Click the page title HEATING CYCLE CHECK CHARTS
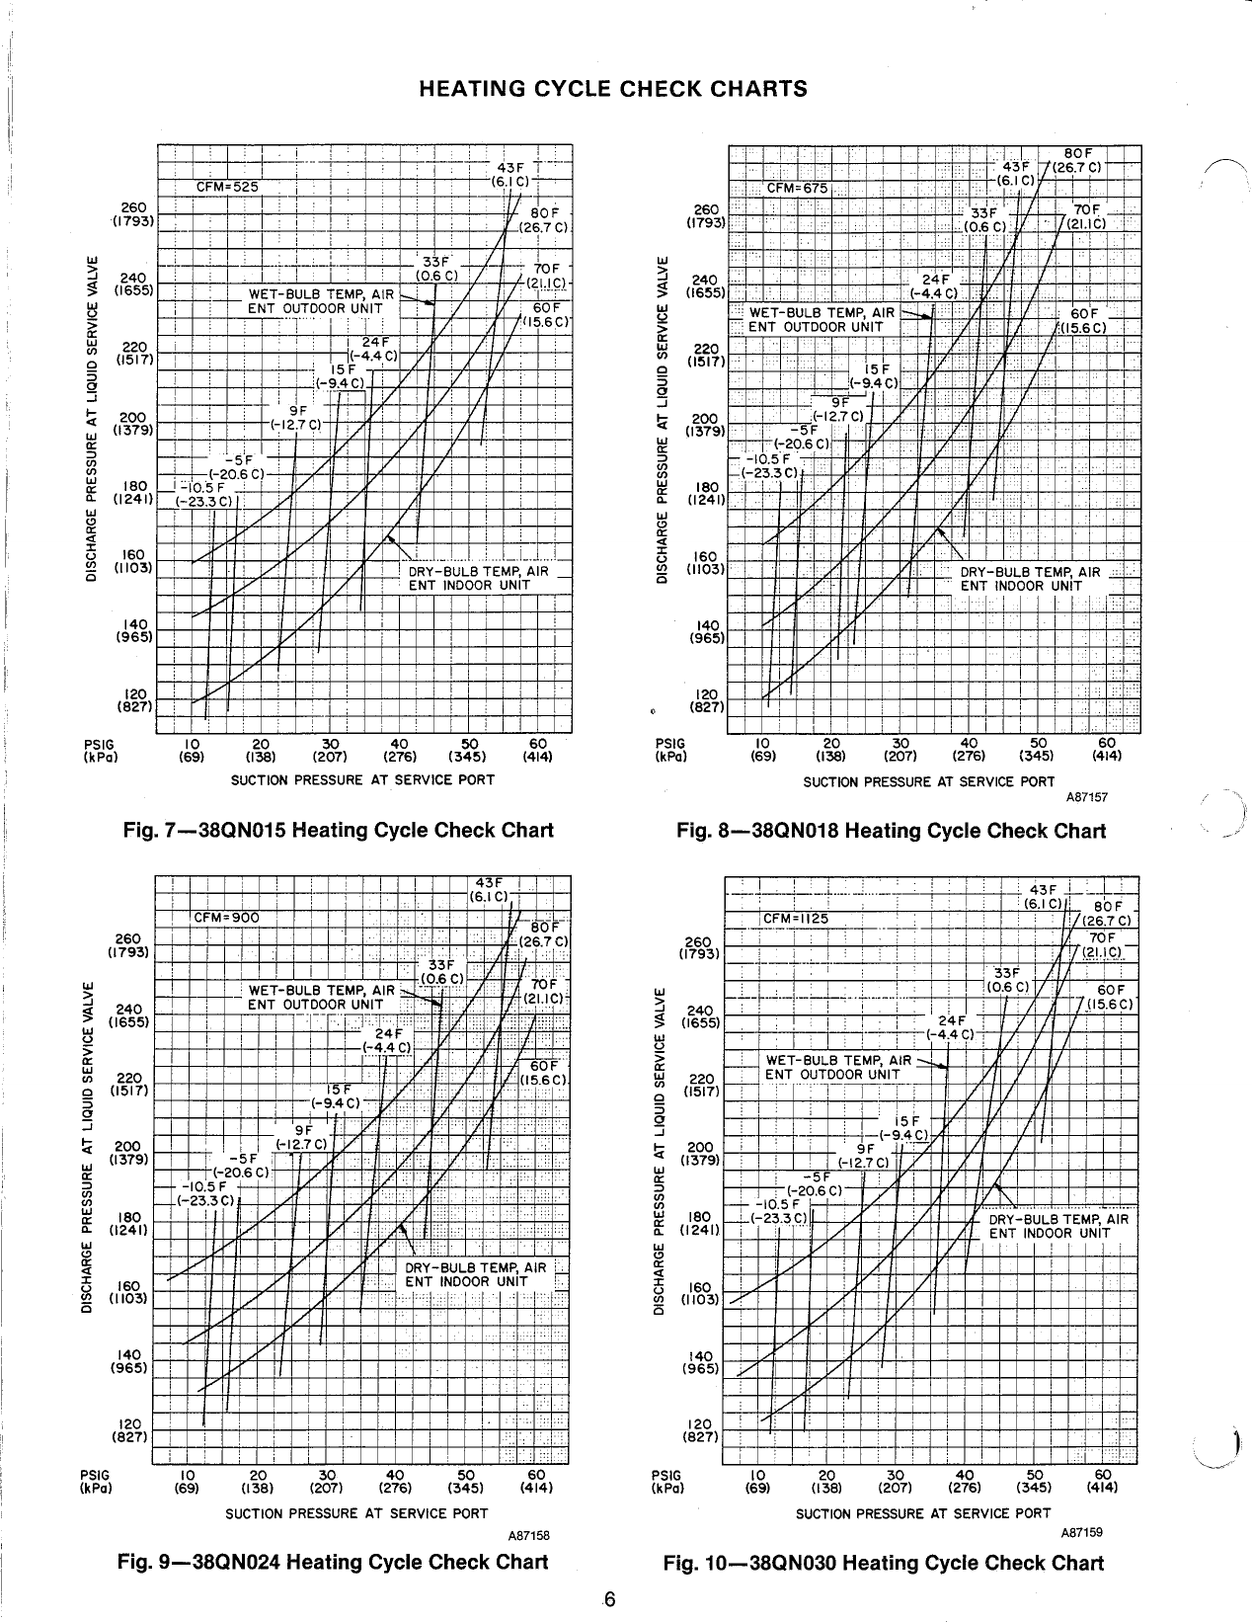coord(613,89)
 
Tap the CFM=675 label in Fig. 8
coord(799,188)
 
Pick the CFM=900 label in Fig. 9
coord(226,917)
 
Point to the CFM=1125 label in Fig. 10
coord(796,919)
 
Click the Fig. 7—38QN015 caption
coord(336,830)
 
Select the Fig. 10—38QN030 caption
coord(883,1563)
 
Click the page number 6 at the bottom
coord(610,1600)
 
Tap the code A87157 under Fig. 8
coord(1086,796)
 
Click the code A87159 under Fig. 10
coord(1081,1532)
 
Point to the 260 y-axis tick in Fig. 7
coord(133,207)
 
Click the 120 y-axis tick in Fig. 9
coord(129,1424)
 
